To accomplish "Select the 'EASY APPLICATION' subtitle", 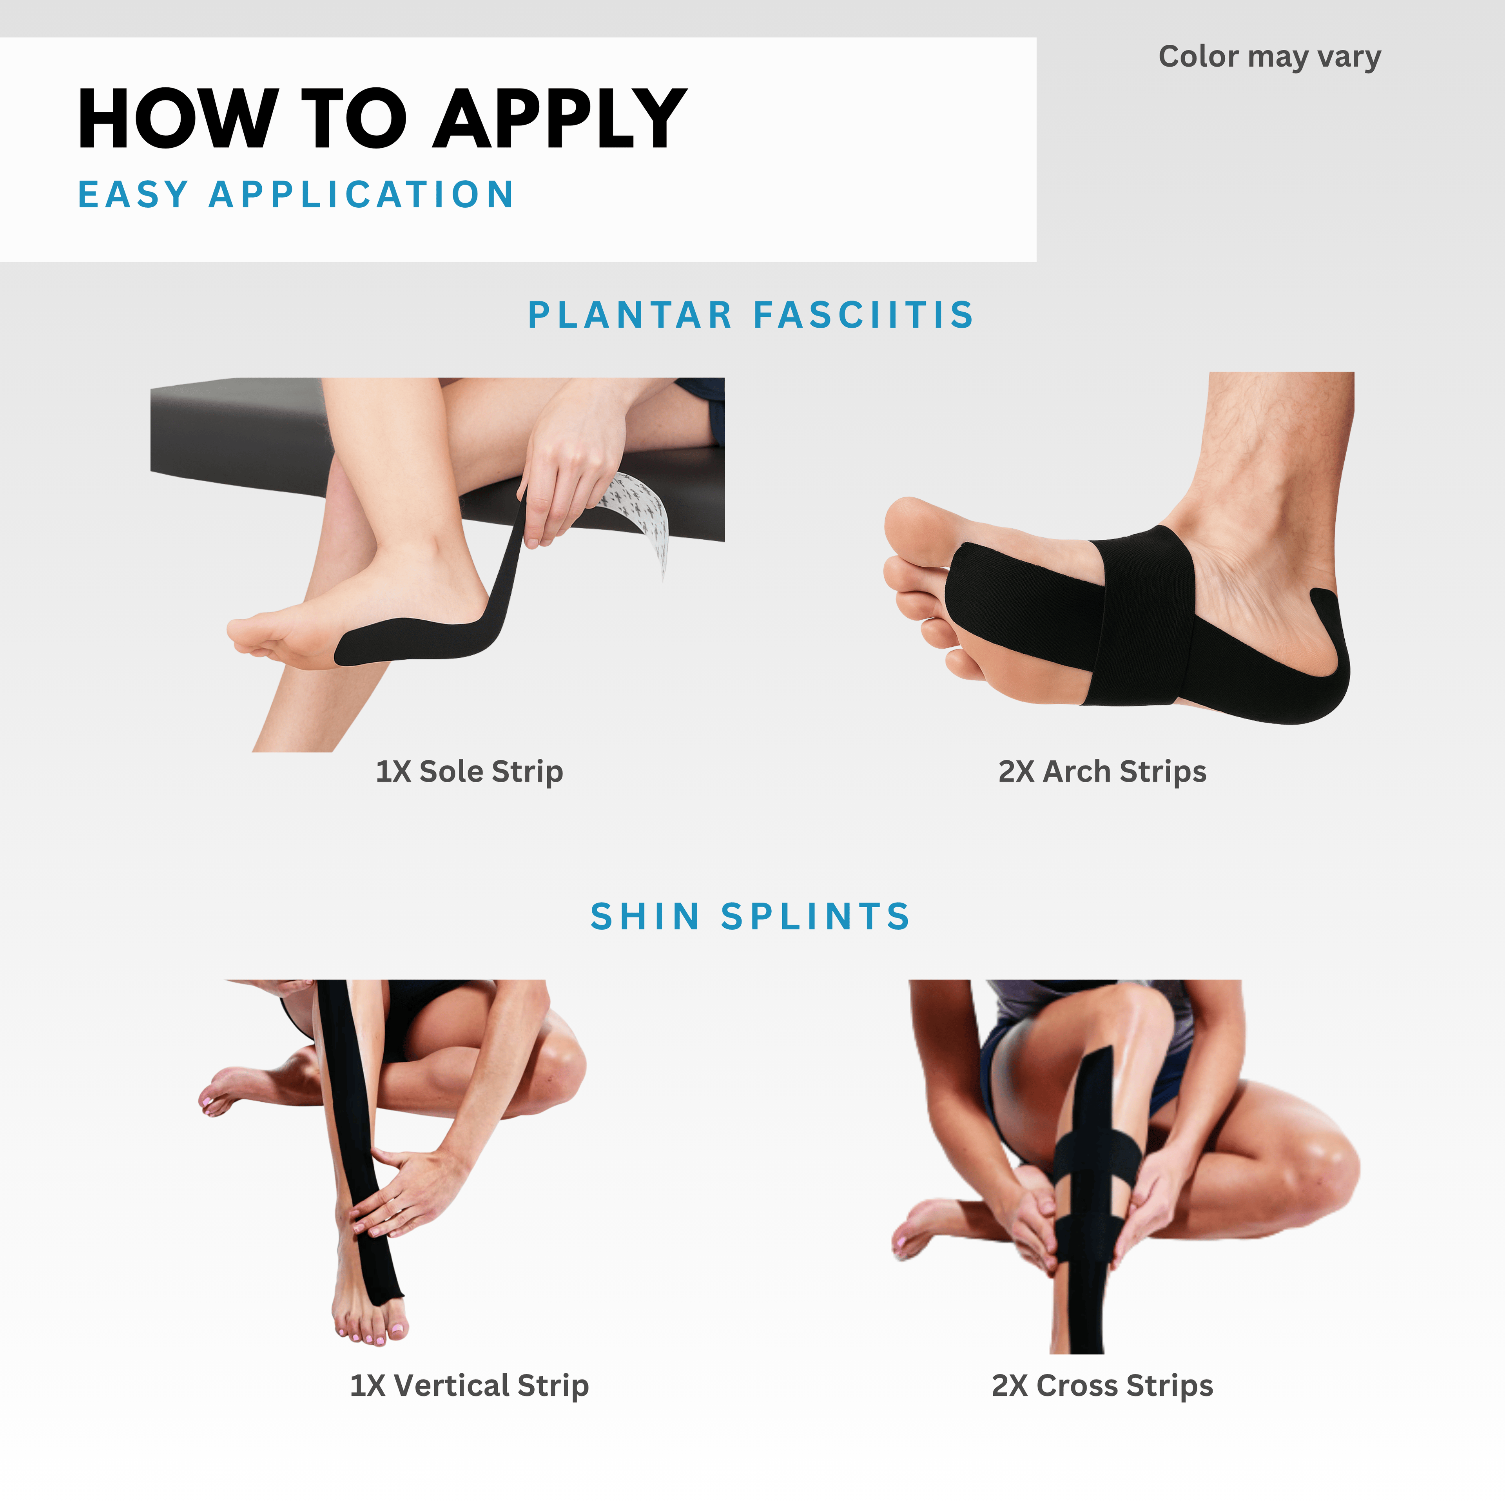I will [x=296, y=194].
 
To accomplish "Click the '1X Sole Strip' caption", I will [x=469, y=771].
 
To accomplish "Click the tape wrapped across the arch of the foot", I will [x=1145, y=615].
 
